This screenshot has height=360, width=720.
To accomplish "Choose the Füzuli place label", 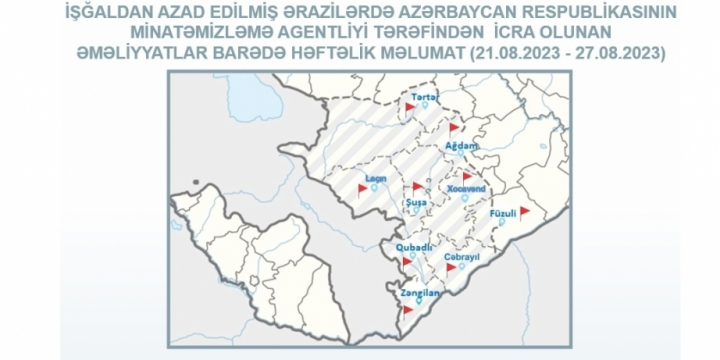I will pyautogui.click(x=502, y=212).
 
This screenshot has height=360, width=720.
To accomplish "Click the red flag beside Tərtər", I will pyautogui.click(x=409, y=104).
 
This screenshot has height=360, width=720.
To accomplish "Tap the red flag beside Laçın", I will pyautogui.click(x=362, y=186).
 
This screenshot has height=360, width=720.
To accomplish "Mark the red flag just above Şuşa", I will pyautogui.click(x=417, y=185).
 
